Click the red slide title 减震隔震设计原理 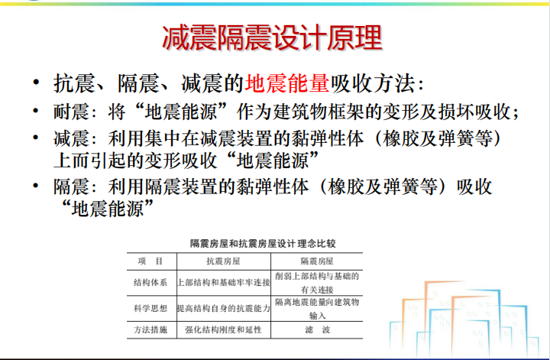(x=272, y=37)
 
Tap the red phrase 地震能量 (x=287, y=83)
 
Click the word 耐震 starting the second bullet (x=71, y=112)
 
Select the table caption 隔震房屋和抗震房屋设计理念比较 (x=263, y=244)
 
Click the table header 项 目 (x=150, y=261)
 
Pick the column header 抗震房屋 (x=223, y=261)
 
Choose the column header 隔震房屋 (x=317, y=261)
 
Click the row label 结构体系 (x=150, y=283)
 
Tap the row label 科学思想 (x=150, y=309)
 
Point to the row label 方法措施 (x=150, y=329)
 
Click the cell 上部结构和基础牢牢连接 (x=224, y=283)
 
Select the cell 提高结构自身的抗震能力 (x=224, y=309)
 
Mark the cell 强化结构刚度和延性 (x=223, y=329)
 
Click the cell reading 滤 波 (x=318, y=329)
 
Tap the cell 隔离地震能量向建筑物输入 (x=317, y=309)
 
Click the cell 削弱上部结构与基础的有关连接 (x=317, y=283)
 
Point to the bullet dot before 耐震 (x=35, y=111)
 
